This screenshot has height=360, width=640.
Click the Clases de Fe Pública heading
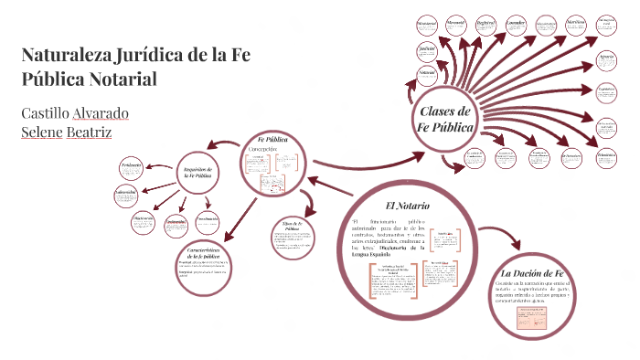point(443,119)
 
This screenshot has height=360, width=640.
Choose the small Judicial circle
point(427,48)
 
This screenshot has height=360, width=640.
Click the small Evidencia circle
point(132,166)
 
